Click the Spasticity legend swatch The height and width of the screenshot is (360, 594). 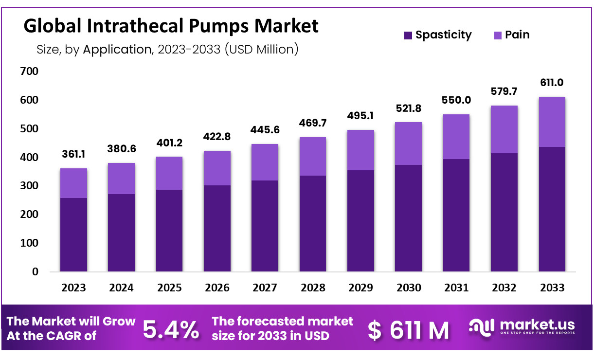[408, 36]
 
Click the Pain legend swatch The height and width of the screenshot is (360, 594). [498, 36]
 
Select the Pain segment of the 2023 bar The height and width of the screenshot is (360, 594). [73, 183]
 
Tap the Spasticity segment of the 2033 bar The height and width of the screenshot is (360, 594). [552, 209]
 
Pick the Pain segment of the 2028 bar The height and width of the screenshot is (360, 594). [312, 156]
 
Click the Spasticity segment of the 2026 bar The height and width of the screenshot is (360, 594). [217, 228]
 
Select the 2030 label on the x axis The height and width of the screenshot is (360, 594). [408, 288]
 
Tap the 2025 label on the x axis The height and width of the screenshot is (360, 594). [169, 288]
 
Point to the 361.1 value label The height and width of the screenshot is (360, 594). [74, 154]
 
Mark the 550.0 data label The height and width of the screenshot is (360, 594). [456, 100]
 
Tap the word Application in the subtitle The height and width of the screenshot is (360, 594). [117, 49]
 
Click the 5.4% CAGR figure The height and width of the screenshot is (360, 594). [170, 330]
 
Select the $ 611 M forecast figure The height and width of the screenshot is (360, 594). [409, 330]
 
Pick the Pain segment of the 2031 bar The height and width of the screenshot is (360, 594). [456, 137]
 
